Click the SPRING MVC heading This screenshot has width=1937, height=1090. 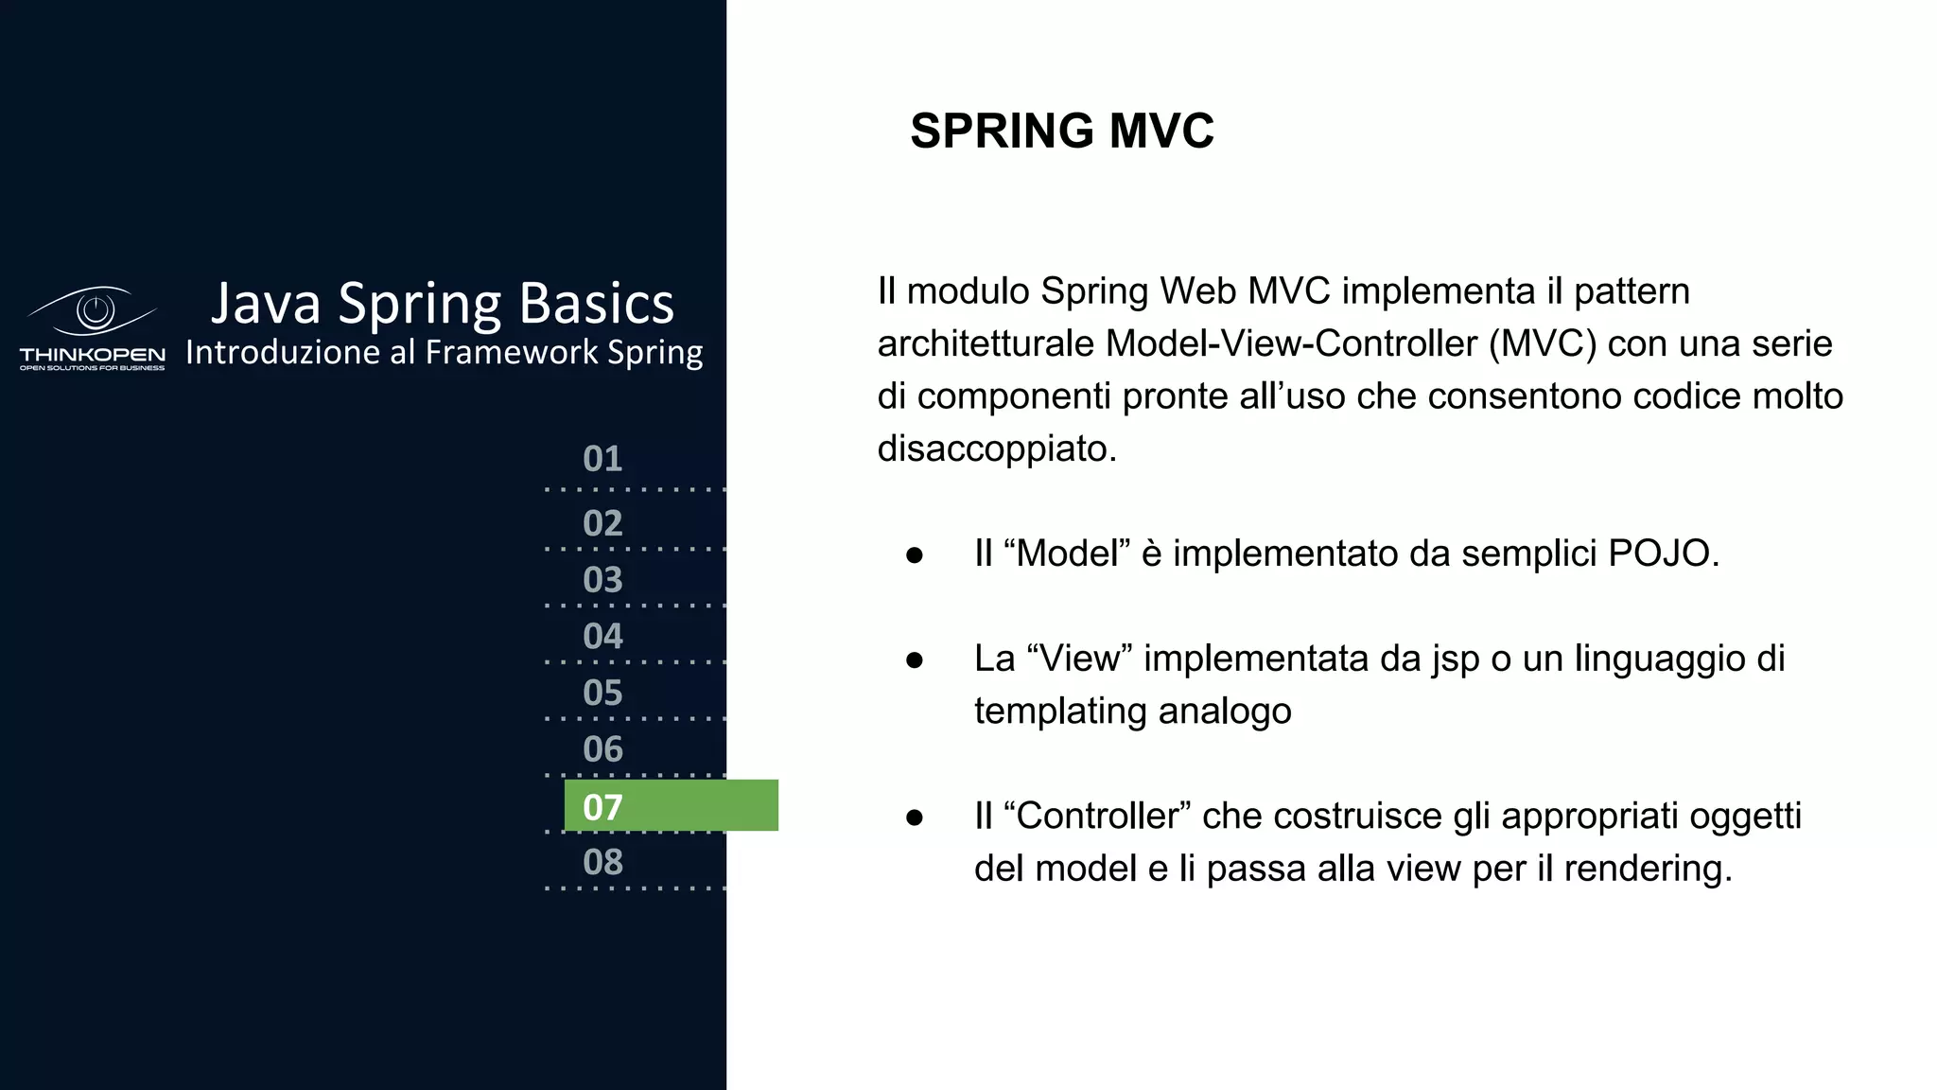click(1061, 131)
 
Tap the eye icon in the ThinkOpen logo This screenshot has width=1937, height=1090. click(94, 310)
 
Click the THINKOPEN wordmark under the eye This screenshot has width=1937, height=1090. click(93, 355)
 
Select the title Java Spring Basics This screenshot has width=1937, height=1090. click(442, 304)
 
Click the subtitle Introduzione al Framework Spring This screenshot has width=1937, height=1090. click(444, 352)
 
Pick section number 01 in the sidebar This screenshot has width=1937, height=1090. click(602, 459)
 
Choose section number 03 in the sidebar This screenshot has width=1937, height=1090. click(602, 580)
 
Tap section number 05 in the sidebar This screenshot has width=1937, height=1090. click(602, 694)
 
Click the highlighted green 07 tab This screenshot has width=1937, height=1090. click(671, 806)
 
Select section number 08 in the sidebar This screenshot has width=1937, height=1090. click(602, 863)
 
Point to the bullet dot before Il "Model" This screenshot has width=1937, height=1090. click(914, 555)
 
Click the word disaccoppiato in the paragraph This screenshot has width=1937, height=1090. click(996, 448)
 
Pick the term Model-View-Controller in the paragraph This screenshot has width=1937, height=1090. click(1291, 343)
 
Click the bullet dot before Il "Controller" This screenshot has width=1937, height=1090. click(914, 817)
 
